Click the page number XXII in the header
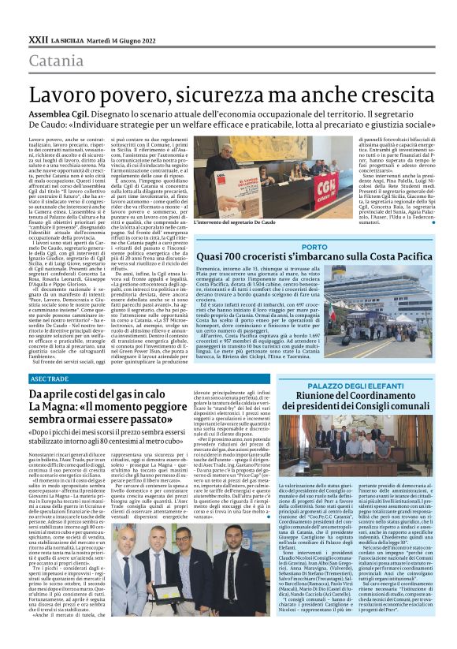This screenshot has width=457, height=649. [x=38, y=39]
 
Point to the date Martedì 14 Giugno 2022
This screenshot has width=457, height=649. [x=126, y=39]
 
